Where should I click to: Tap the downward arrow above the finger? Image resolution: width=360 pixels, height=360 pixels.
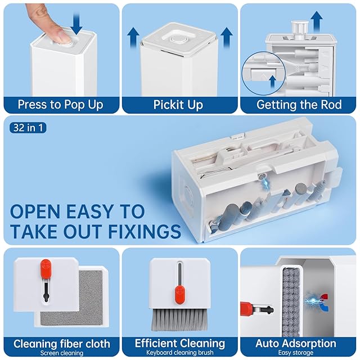76,23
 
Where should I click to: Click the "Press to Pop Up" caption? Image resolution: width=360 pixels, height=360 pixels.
60,105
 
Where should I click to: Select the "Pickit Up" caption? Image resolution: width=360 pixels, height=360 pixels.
178,105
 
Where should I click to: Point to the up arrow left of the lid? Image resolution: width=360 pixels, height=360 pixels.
133,38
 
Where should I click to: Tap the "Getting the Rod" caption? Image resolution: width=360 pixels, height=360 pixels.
299,105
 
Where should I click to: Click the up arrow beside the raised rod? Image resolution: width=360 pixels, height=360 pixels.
317,22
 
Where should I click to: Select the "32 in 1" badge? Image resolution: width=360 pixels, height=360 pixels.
28,128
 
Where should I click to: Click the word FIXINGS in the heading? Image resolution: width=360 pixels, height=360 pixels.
145,231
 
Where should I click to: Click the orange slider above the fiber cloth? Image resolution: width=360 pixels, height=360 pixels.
45,268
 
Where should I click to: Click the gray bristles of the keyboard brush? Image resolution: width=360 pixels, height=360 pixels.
179,319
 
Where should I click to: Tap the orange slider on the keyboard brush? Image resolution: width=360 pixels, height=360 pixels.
179,294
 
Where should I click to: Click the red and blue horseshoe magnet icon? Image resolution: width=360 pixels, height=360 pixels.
324,302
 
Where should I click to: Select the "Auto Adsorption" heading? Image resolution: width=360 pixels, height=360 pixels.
296,344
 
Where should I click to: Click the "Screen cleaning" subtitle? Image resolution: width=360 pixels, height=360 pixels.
61,353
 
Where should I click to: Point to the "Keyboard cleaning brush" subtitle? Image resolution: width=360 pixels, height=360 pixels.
180,352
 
